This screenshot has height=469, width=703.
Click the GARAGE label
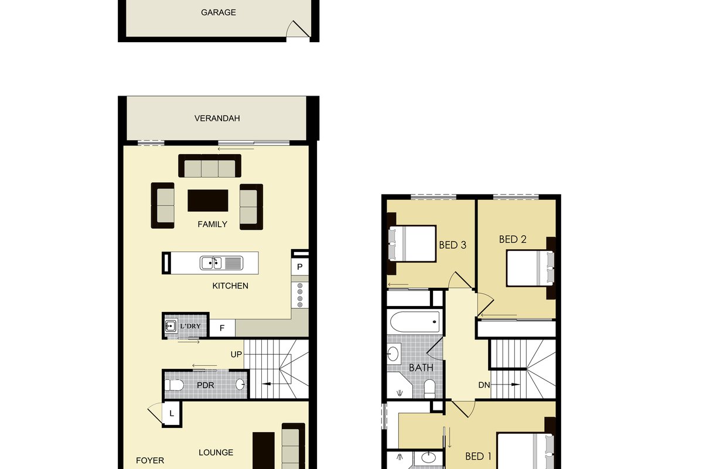[219, 12]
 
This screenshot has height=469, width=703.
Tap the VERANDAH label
[217, 118]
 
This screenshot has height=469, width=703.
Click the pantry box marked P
[300, 267]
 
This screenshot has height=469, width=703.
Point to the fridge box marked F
[222, 328]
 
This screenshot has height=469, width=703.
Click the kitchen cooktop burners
[300, 295]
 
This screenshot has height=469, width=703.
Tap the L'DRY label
[190, 326]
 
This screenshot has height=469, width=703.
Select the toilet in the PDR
[173, 385]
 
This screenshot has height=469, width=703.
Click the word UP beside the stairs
[236, 354]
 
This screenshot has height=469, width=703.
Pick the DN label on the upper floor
[484, 385]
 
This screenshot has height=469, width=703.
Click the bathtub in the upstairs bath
[415, 322]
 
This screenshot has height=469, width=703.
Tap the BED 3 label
[452, 245]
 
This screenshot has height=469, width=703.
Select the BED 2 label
[513, 239]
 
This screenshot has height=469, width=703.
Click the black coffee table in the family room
[208, 200]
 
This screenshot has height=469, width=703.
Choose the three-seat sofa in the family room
[210, 166]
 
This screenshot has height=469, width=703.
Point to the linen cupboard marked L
[172, 414]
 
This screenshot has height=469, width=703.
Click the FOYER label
[150, 461]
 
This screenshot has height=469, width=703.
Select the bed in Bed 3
[412, 243]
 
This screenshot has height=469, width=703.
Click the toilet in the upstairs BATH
[429, 388]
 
